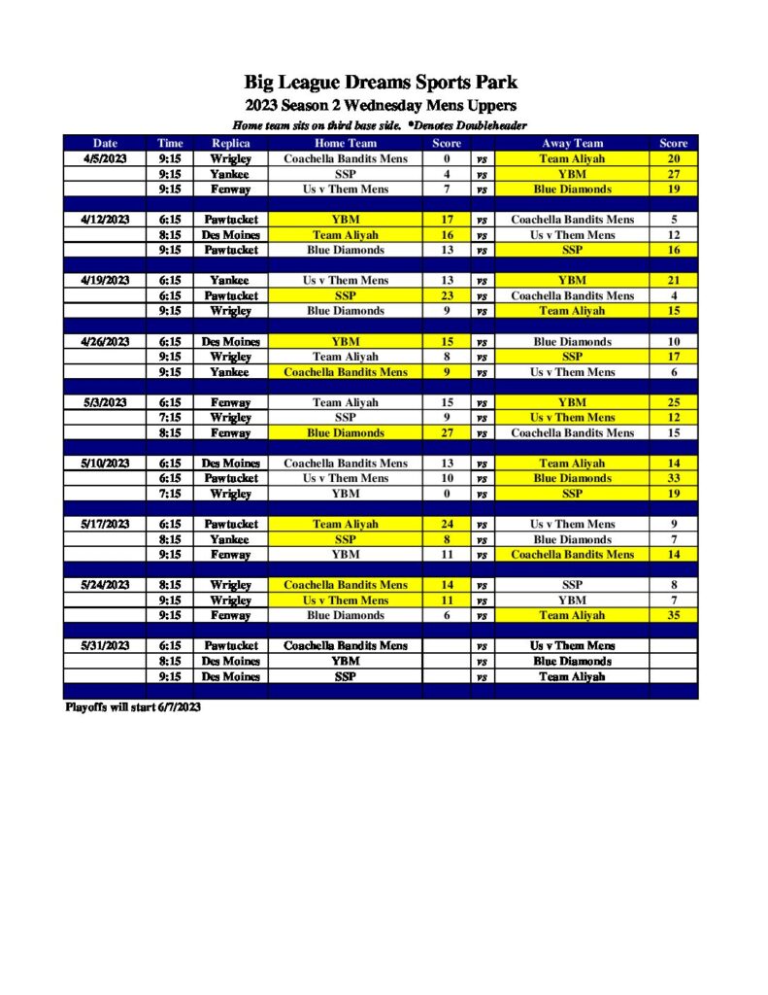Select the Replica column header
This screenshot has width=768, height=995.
(x=231, y=143)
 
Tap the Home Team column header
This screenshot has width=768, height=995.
(x=346, y=143)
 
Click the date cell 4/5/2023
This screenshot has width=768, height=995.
(x=105, y=158)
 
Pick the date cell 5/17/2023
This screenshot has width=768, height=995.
(x=105, y=524)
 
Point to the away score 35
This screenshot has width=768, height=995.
(x=674, y=615)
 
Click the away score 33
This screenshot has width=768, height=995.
(x=674, y=478)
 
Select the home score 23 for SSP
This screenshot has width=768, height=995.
(x=447, y=295)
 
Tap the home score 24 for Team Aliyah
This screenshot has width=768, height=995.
(x=447, y=524)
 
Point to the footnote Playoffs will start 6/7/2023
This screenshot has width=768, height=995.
(x=133, y=707)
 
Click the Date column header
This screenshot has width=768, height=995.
(x=105, y=143)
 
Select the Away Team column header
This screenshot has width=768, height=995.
(x=573, y=143)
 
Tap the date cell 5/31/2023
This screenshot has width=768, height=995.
(x=105, y=645)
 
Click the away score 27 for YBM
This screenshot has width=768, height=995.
(x=674, y=174)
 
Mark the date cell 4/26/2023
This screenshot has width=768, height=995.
(x=105, y=341)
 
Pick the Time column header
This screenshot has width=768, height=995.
(x=170, y=143)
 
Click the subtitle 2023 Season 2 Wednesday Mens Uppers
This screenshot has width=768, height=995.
(x=381, y=105)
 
